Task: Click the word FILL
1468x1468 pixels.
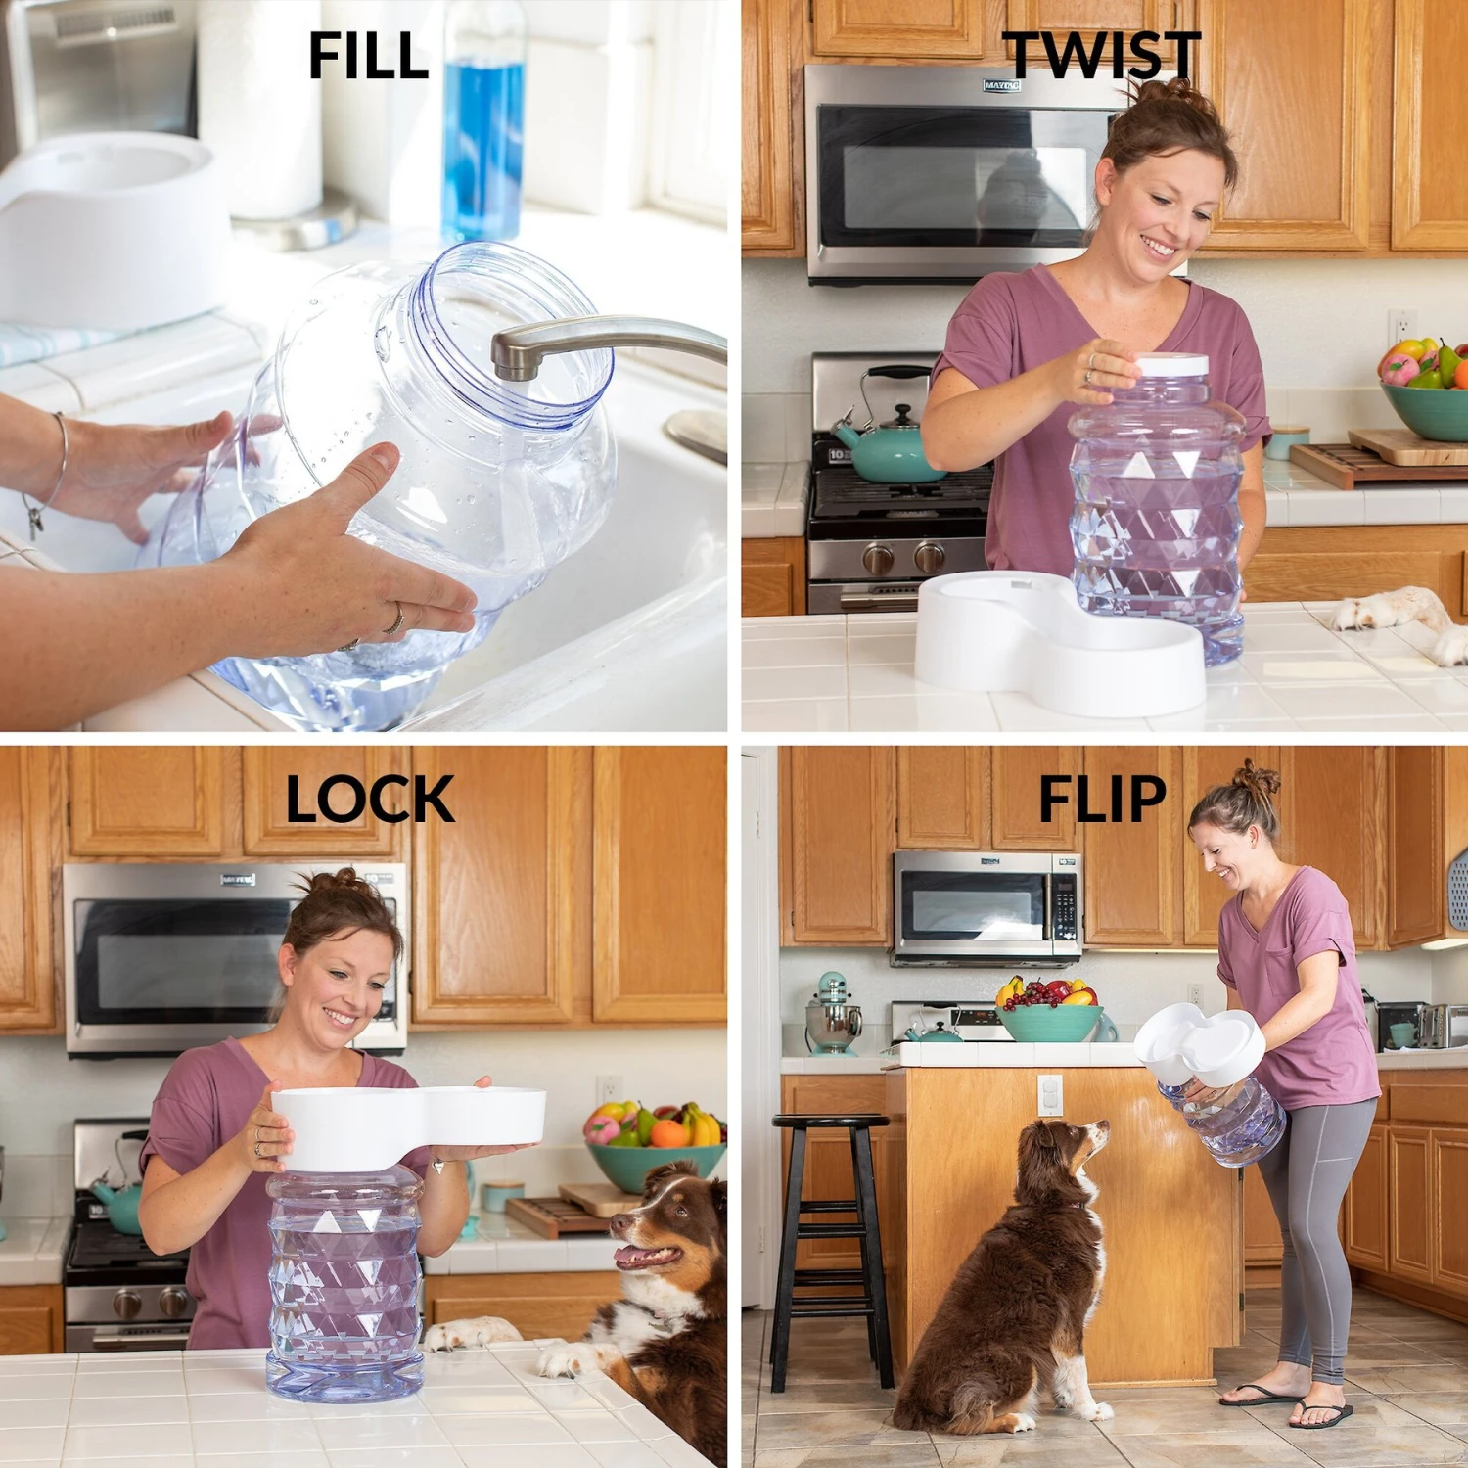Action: point(368,56)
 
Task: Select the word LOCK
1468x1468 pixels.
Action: point(369,800)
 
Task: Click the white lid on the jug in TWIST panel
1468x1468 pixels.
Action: point(1172,365)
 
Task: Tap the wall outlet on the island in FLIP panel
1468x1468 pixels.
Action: point(1050,1094)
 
